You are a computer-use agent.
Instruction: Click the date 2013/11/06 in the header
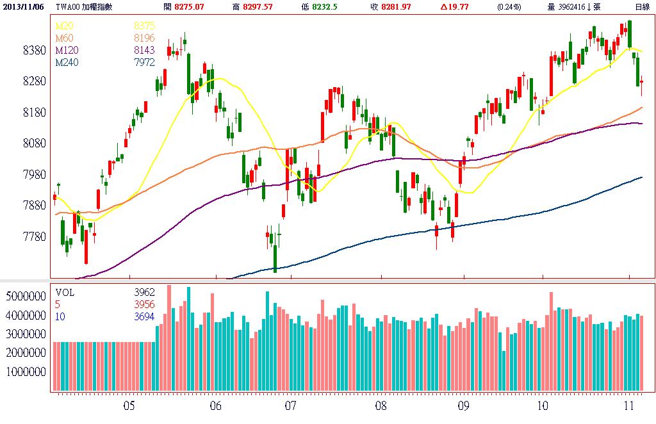[x=22, y=6]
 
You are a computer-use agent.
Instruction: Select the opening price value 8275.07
[x=194, y=6]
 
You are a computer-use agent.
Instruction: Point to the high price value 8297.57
[x=257, y=6]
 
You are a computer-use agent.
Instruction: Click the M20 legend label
[x=64, y=26]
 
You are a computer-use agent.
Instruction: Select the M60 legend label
[x=64, y=38]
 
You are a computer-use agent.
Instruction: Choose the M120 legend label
[x=66, y=50]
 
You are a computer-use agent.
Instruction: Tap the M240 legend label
[x=66, y=62]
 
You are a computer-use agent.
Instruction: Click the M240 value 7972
[x=144, y=62]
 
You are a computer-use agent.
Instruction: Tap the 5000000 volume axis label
[x=25, y=297]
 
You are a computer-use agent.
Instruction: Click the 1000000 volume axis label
[x=25, y=372]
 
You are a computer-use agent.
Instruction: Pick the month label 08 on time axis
[x=381, y=406]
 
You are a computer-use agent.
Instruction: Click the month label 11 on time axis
[x=629, y=406]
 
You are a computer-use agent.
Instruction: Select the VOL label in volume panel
[x=65, y=292]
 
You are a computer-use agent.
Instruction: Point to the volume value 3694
[x=144, y=316]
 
